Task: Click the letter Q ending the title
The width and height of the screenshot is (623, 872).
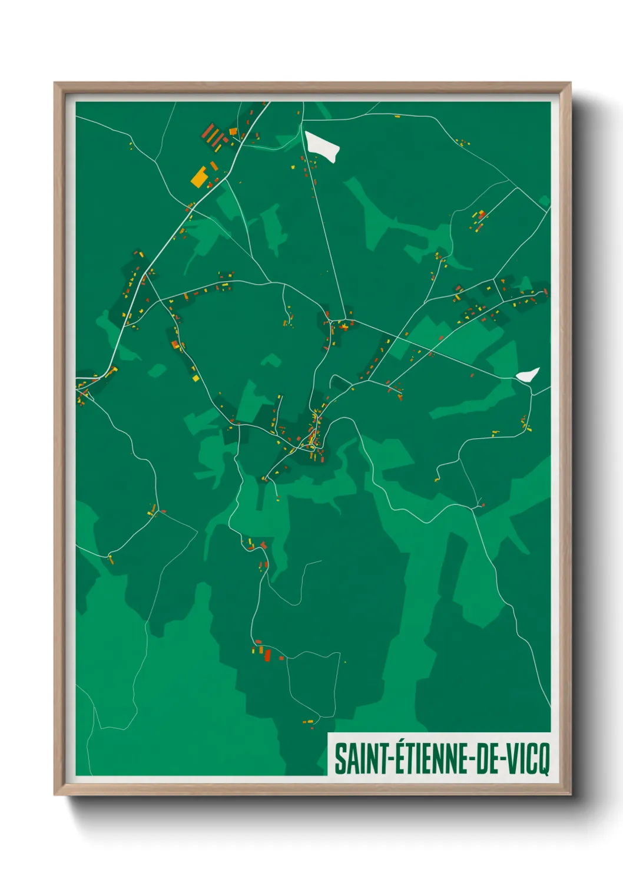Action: tap(544, 760)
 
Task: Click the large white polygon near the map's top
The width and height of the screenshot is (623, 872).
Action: tap(321, 146)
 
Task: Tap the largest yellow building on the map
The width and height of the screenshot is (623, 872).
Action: tap(199, 177)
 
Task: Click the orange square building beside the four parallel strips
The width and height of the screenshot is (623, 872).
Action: tap(233, 131)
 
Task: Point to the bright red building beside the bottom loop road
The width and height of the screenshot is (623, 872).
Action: tap(267, 655)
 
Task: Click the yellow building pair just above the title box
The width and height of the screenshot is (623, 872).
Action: tap(308, 721)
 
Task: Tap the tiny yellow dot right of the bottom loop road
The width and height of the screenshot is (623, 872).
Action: tap(345, 662)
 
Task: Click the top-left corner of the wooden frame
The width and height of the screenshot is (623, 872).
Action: tap(55, 83)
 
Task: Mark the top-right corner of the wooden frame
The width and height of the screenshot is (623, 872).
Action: tap(570, 83)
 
